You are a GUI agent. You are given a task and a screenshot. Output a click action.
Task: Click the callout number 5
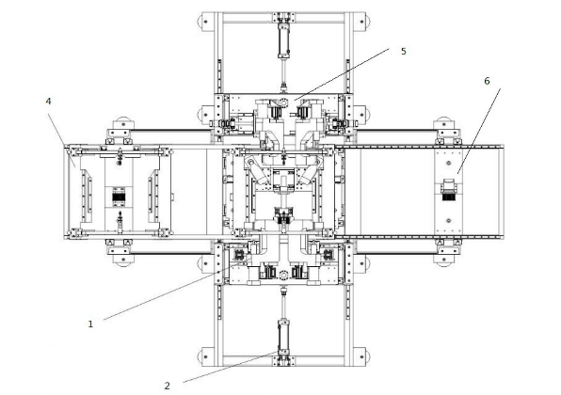[x=404, y=52]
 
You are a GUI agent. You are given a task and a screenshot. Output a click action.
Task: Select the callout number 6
[x=487, y=81]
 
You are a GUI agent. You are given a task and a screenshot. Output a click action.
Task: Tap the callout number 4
[x=48, y=102]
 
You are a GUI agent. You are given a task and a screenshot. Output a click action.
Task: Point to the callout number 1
[x=90, y=324]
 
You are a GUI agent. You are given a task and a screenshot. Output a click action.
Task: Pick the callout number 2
[x=168, y=386]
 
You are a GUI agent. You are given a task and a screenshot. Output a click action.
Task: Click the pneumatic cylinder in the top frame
[x=283, y=39]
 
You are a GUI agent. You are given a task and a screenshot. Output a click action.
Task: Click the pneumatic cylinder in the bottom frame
[x=283, y=336]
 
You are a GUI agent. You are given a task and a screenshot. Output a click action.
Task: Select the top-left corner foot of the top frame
[x=205, y=22]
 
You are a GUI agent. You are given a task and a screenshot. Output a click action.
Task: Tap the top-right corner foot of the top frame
[x=361, y=22]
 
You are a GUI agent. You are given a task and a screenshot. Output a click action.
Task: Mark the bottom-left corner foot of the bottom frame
[x=205, y=356]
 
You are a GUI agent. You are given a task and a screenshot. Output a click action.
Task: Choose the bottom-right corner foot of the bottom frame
[x=361, y=356]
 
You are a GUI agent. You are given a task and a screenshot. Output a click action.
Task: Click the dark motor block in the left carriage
[x=119, y=197]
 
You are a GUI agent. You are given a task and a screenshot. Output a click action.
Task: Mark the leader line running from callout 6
[x=479, y=131]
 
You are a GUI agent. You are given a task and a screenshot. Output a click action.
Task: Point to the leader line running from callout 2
[x=231, y=367]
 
